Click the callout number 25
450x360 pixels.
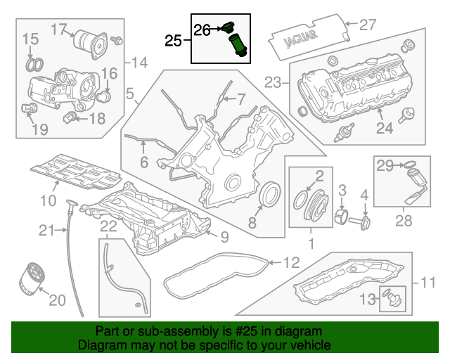click(173, 41)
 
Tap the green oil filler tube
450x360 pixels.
click(238, 46)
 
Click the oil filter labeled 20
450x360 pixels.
click(32, 278)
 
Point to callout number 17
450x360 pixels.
click(59, 30)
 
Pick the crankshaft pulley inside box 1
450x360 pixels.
click(316, 207)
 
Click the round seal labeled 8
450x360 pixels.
click(270, 194)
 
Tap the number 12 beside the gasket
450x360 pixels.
click(292, 262)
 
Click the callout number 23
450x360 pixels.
click(273, 82)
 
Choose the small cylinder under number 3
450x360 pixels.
click(342, 217)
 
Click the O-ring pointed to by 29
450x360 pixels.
click(409, 165)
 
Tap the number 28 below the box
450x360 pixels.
click(404, 221)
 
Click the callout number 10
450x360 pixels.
click(49, 200)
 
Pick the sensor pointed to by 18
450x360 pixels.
click(70, 117)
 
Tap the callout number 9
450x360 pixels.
click(225, 237)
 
